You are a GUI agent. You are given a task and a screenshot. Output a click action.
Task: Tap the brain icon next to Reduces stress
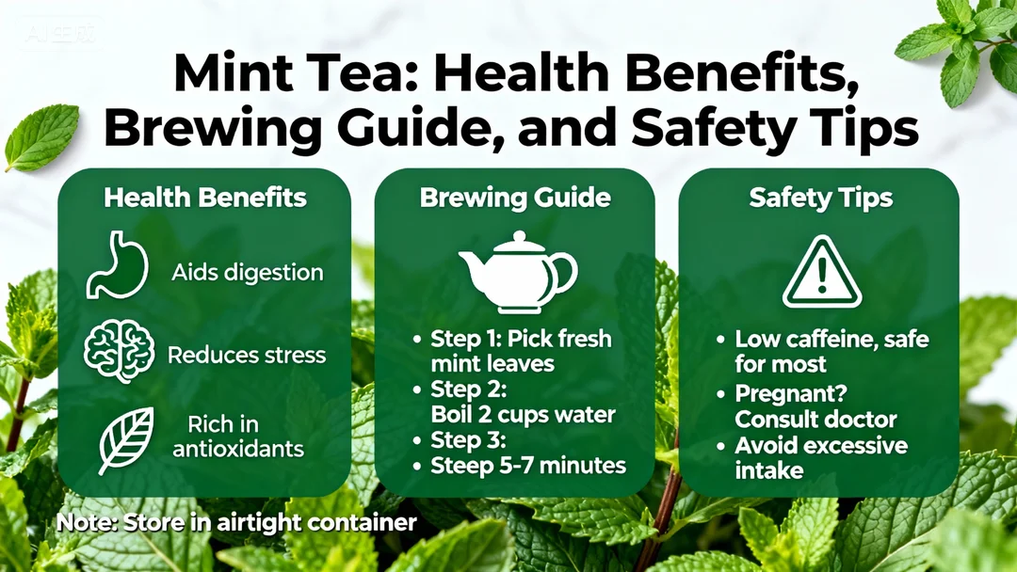coord(120,352)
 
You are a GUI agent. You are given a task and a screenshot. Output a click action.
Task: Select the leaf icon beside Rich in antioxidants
coord(126,440)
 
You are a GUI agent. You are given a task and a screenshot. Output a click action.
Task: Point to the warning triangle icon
coord(822,272)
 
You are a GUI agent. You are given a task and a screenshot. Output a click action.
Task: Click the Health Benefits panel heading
coord(205,198)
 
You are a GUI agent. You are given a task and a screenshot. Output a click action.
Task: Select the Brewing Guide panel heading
coord(515,198)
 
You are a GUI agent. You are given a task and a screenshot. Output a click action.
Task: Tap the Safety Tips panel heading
coord(820,198)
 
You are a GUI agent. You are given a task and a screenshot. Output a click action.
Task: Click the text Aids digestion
coord(247,273)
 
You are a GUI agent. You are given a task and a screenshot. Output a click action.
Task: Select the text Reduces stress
coord(247,355)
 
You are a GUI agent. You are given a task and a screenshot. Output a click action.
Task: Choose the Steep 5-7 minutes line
coord(528,465)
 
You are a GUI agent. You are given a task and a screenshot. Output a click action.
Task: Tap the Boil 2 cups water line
coord(523,415)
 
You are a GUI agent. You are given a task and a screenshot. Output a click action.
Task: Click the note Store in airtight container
coord(236,522)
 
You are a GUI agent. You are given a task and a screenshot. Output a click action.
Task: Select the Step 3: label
coord(468,440)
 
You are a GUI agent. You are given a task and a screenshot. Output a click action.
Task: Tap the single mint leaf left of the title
coord(42,137)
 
